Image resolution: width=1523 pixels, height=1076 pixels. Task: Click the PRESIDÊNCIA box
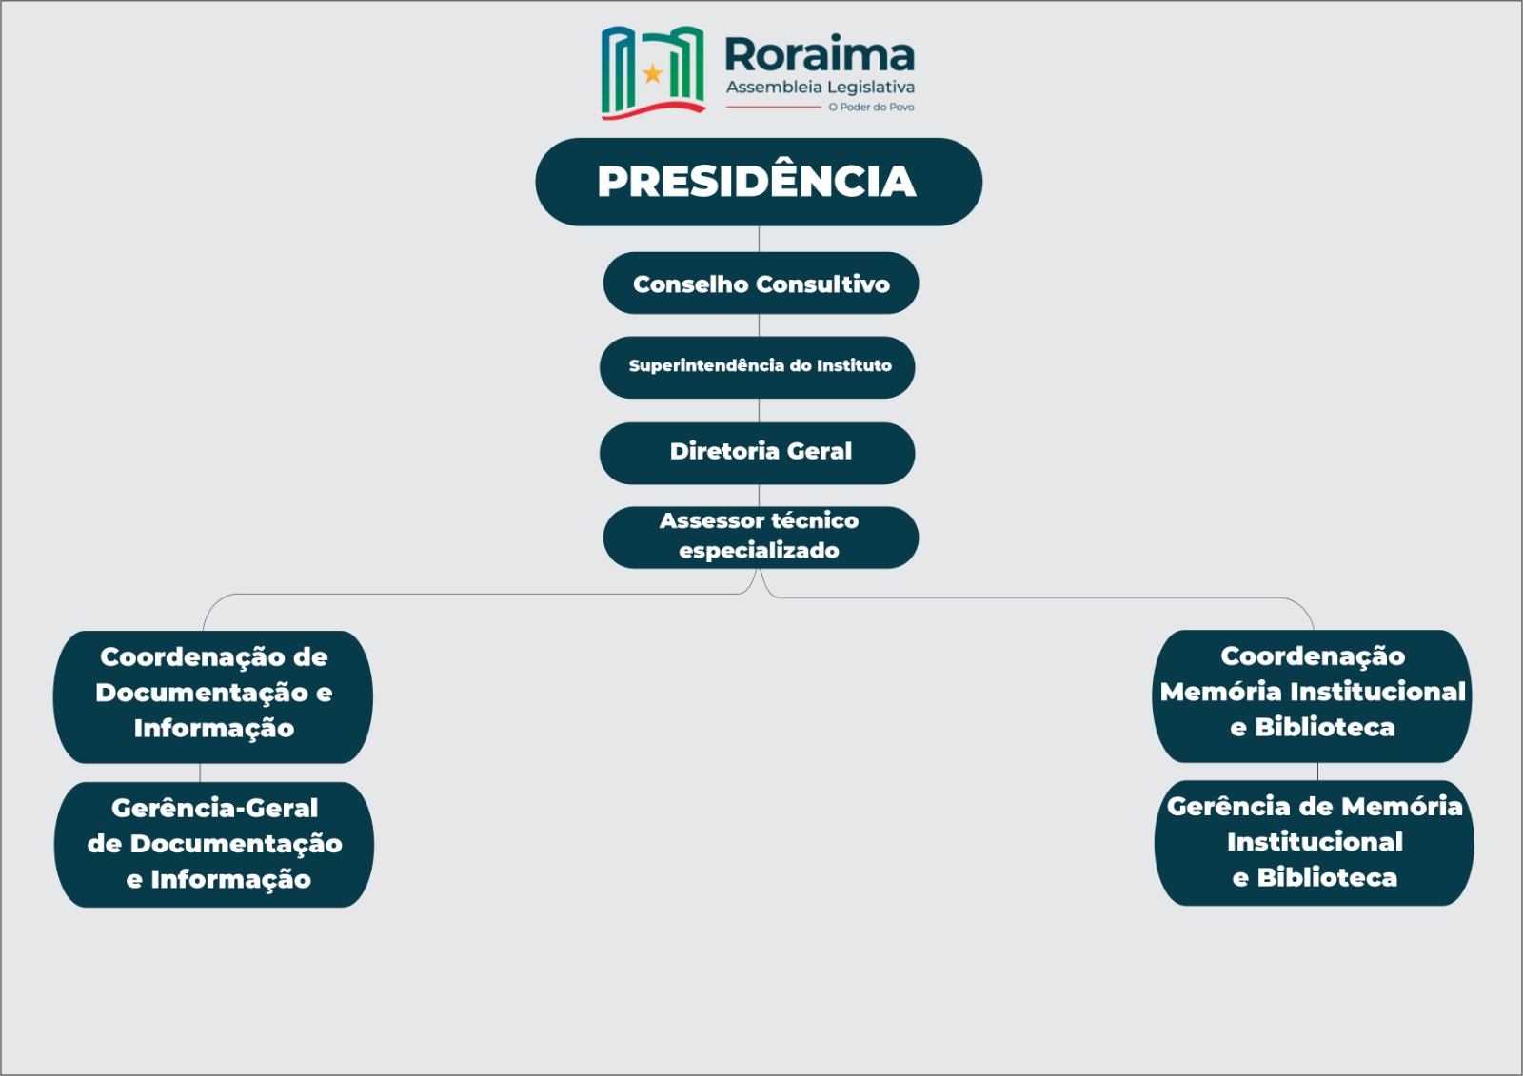(759, 182)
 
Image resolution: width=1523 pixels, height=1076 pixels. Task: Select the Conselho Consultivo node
(761, 283)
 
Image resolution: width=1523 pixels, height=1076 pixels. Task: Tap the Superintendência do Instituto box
(758, 367)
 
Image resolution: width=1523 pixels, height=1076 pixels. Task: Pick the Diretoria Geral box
(758, 453)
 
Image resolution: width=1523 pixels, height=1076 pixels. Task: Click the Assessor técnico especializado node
(761, 537)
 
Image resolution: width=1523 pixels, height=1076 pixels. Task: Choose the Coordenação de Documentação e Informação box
(213, 696)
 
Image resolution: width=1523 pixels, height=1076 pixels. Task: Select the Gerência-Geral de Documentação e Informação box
(214, 844)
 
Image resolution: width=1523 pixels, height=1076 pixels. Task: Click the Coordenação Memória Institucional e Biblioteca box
(1313, 696)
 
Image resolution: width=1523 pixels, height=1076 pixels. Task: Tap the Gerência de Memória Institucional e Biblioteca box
(1315, 843)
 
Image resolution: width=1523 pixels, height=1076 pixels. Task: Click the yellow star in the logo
(653, 72)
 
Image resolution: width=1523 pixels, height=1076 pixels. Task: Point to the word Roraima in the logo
(820, 54)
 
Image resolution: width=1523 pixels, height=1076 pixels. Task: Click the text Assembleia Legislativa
(821, 87)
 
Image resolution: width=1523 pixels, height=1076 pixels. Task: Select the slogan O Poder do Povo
(871, 107)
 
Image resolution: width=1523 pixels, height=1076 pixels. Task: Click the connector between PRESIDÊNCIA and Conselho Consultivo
(759, 239)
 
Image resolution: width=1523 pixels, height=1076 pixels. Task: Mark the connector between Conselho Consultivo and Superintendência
(759, 325)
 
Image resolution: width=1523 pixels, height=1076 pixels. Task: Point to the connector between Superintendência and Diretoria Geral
(759, 411)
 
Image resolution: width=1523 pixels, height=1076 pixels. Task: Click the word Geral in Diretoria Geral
(820, 451)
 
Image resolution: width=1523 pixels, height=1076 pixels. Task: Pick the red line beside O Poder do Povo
(774, 107)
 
